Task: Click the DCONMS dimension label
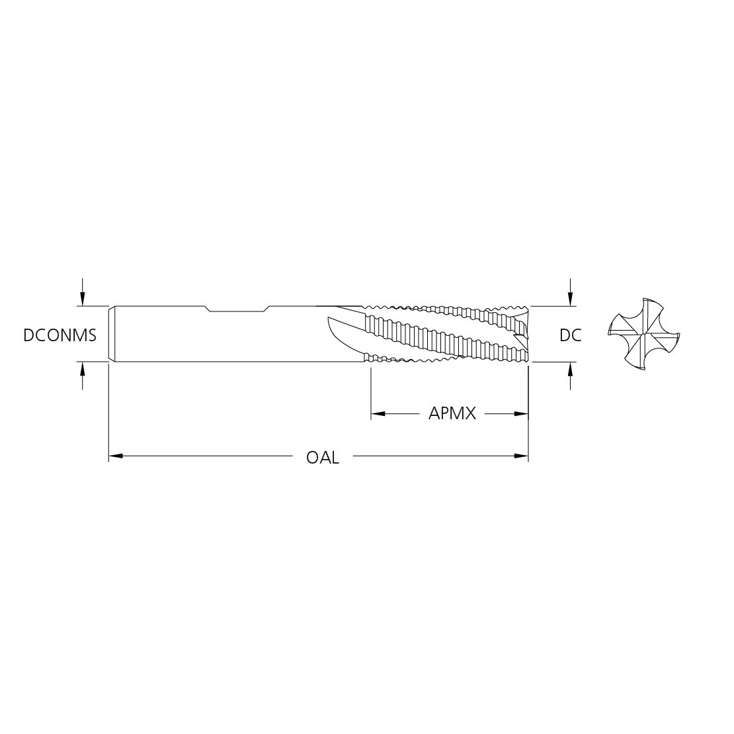coord(60,335)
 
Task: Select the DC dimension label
coord(570,335)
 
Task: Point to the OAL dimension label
coord(323,458)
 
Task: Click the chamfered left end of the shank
coord(112,334)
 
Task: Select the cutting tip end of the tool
coord(526,334)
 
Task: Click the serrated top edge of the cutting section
coord(443,308)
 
